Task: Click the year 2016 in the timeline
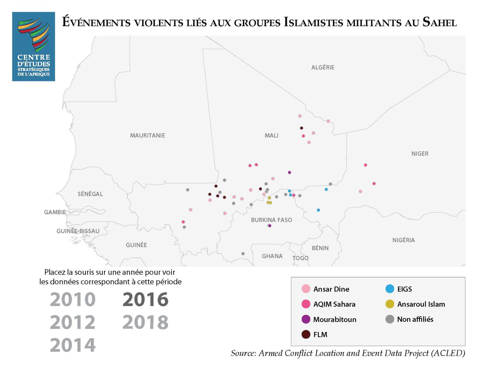(145, 300)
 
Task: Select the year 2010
(73, 300)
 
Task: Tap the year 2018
(145, 322)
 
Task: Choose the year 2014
(73, 345)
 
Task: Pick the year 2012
(73, 322)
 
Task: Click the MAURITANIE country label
(147, 135)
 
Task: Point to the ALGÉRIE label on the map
(323, 67)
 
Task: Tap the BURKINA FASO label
(271, 220)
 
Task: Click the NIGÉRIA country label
(403, 240)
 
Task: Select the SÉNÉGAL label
(90, 194)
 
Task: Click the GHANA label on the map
(272, 256)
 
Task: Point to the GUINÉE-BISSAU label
(78, 231)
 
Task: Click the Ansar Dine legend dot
(306, 289)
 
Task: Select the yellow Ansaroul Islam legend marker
(390, 304)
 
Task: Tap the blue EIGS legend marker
(390, 289)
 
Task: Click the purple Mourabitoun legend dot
(306, 319)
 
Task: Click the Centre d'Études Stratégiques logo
(34, 46)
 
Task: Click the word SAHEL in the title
(439, 22)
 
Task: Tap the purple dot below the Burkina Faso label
(270, 226)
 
